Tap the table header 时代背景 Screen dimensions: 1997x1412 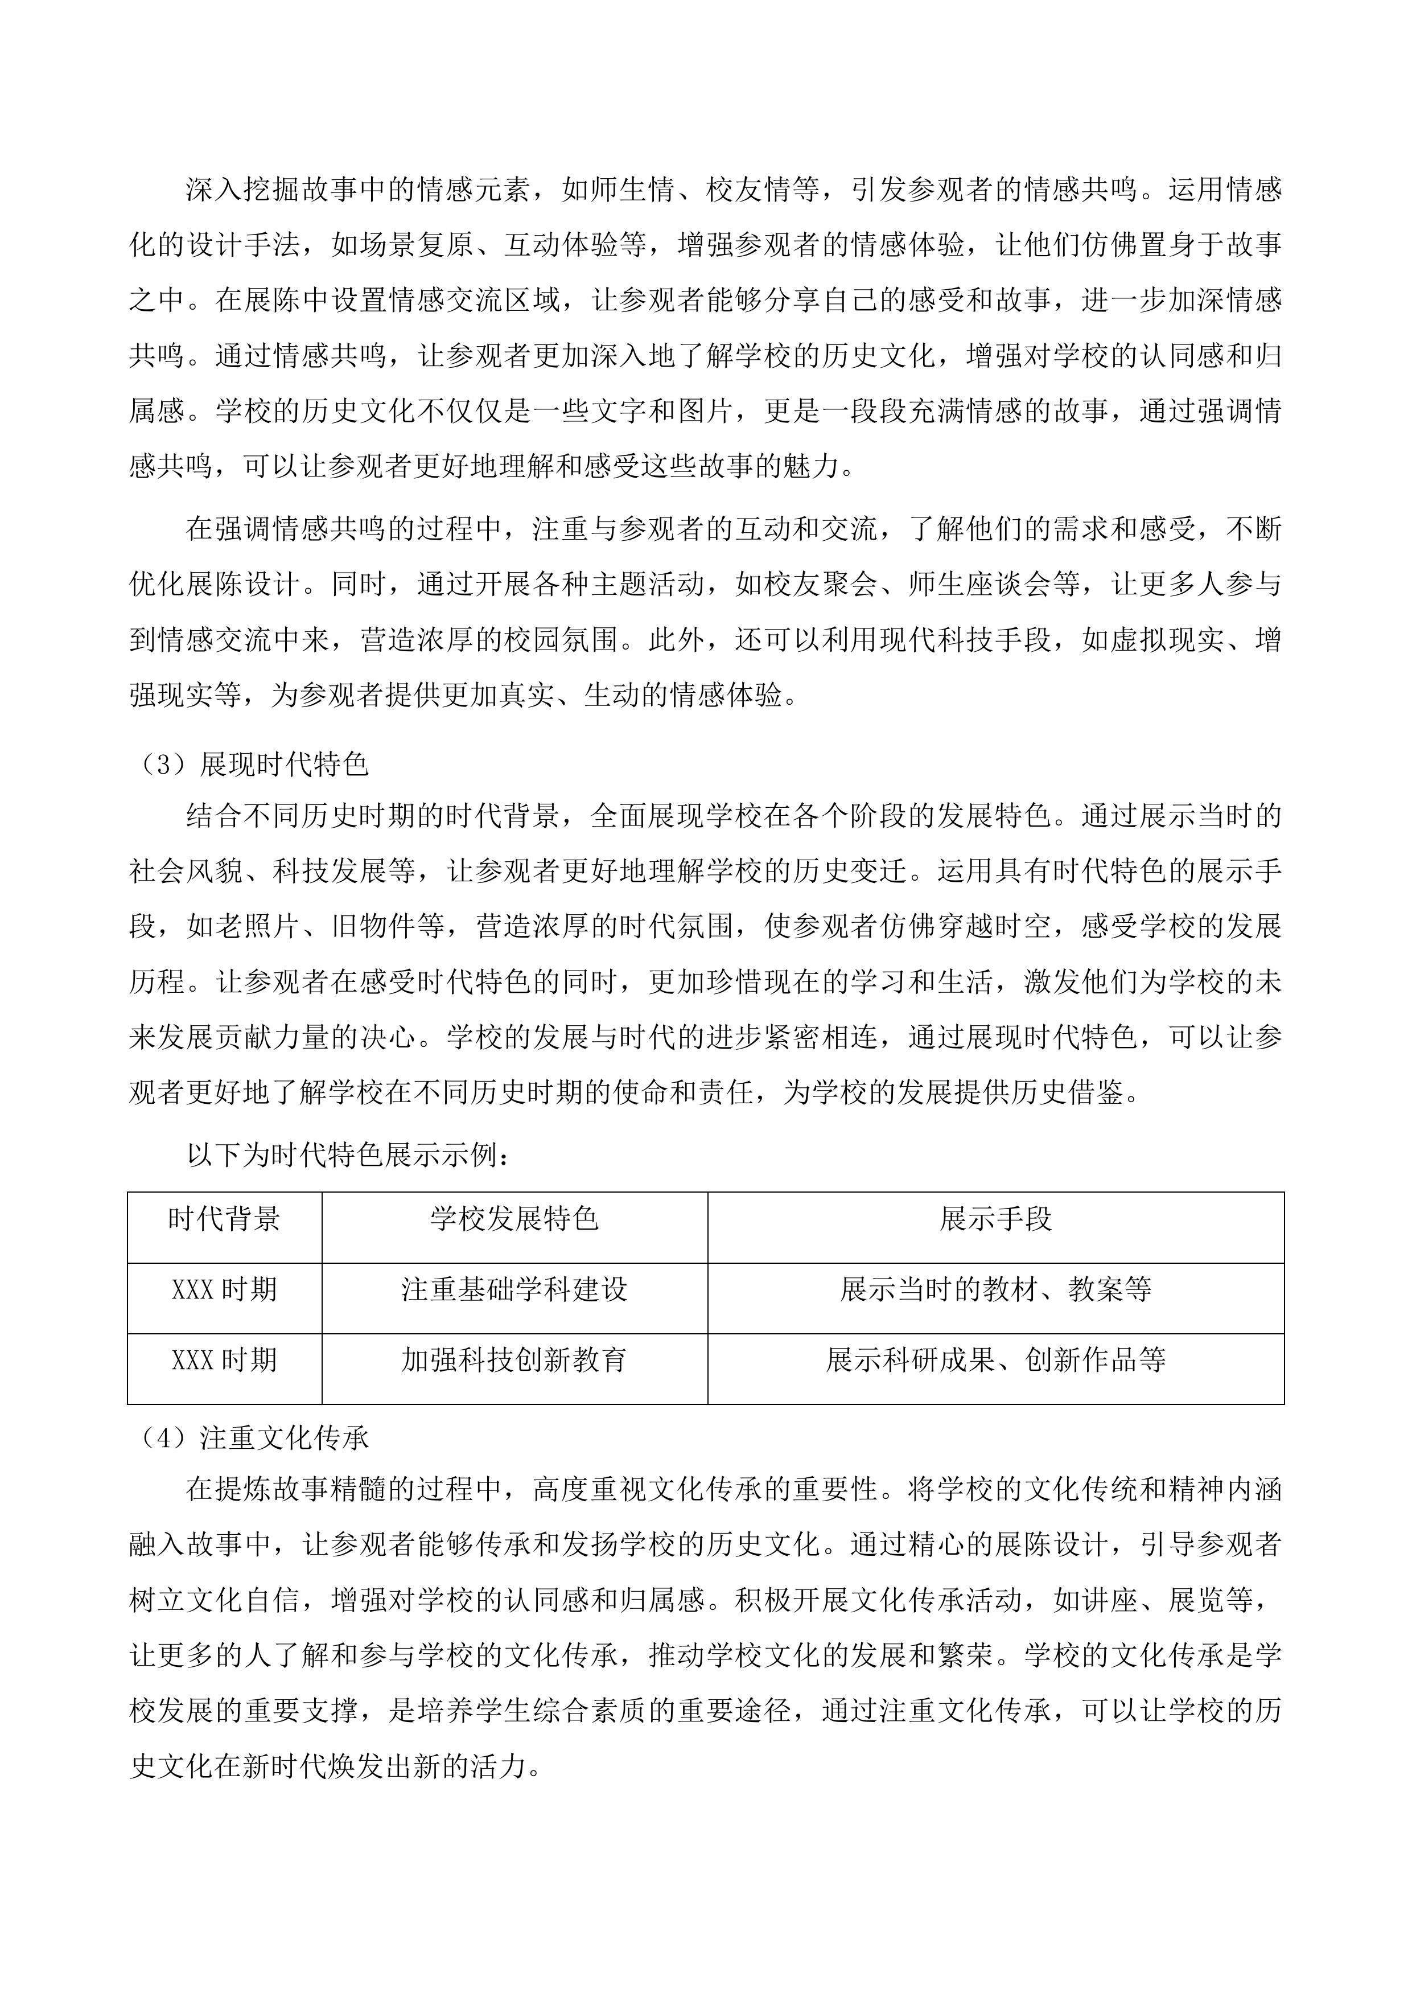[224, 1219]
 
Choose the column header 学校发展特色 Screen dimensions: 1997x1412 [514, 1219]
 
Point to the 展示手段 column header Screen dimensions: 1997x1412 [995, 1219]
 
